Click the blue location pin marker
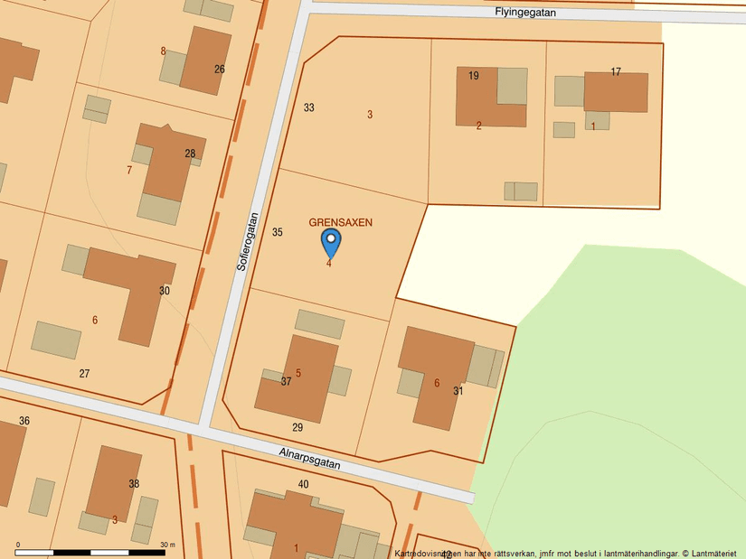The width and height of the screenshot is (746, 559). coord(331,242)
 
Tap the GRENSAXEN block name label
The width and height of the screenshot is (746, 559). coord(341,222)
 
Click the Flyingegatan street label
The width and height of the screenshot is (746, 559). coord(525,13)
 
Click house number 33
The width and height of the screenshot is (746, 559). coord(309,107)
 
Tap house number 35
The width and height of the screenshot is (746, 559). coord(278,232)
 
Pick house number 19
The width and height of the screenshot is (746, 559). coord(474,76)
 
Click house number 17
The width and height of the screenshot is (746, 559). coord(616,72)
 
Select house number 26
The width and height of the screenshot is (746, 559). coord(220,69)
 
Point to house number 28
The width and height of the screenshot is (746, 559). coord(190,154)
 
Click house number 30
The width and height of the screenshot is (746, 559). coord(164,291)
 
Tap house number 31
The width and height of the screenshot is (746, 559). coord(458,391)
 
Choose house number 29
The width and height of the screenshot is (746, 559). coord(297,427)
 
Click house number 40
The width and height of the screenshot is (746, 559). coord(303,485)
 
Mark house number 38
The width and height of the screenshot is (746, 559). coord(134,484)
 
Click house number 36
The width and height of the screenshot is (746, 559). coord(24,421)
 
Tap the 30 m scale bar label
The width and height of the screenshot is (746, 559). coord(166,545)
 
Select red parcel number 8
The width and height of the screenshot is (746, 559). coord(164,51)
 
